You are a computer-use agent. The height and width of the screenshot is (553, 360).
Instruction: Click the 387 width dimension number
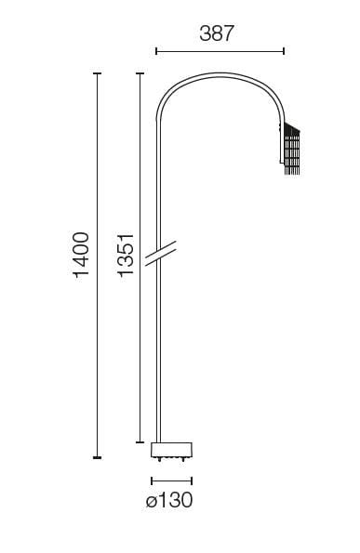[217, 33]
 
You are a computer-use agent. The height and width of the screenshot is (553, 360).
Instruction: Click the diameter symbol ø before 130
[152, 501]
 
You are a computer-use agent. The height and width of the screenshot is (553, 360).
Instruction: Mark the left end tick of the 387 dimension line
[155, 51]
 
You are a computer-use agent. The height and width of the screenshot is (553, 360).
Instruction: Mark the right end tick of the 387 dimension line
[284, 51]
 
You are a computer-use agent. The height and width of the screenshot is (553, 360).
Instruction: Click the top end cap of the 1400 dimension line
[98, 73]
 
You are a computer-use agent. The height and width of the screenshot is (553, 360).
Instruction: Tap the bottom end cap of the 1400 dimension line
[98, 457]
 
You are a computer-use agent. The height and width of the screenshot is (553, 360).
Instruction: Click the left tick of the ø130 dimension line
[152, 481]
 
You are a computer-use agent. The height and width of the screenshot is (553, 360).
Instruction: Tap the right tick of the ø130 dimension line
[193, 481]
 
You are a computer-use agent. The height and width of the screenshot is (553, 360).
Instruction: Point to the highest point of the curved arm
[219, 74]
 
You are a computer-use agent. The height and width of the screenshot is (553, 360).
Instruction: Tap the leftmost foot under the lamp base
[158, 459]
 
